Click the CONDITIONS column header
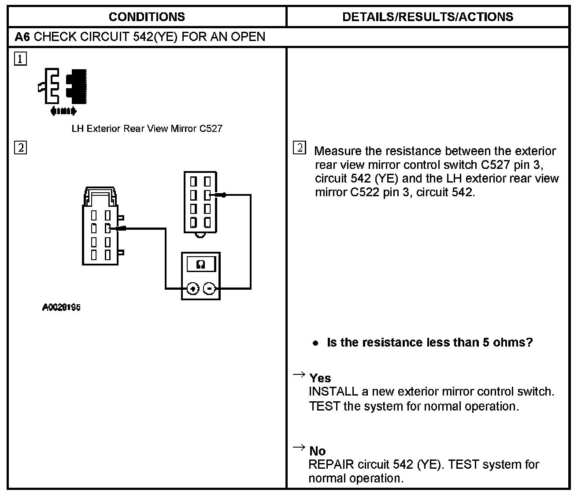pos(147,17)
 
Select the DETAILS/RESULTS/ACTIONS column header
pos(427,17)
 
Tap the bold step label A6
pos(22,37)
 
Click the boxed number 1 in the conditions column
pos(20,59)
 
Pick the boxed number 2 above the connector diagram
pos(20,147)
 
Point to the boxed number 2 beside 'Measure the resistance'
pos(299,148)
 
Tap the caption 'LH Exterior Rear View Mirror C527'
pos(147,129)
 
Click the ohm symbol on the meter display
pos(201,265)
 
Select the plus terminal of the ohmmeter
pos(193,289)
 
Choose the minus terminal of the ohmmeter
pos(210,289)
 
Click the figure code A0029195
pos(61,308)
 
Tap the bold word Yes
pos(320,378)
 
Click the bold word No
pos(318,451)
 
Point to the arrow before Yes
pos(299,375)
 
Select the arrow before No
pos(299,448)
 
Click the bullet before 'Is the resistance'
pos(315,343)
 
